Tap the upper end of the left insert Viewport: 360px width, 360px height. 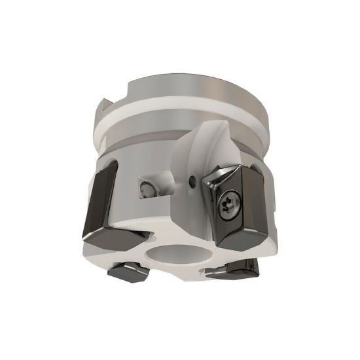pyautogui.click(x=105, y=167)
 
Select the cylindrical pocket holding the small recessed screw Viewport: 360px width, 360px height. pyautogui.click(x=157, y=183)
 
